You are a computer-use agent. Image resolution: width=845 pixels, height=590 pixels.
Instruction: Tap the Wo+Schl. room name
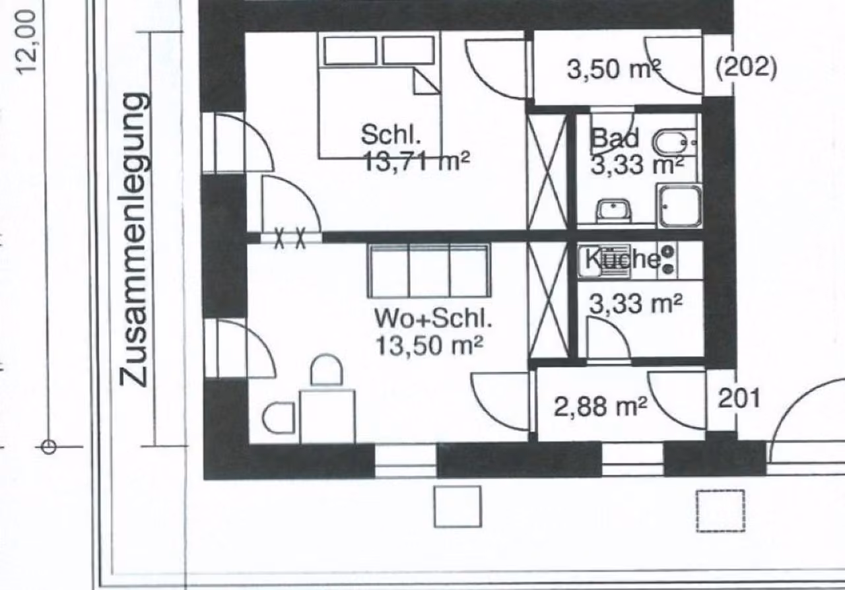[433, 319]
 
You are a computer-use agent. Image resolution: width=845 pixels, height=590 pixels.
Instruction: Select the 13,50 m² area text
[429, 346]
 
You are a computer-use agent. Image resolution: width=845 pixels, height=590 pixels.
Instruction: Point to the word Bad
[615, 138]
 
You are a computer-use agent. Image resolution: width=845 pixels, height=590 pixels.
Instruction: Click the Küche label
[623, 259]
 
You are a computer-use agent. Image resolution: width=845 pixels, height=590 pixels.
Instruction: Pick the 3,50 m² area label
[614, 69]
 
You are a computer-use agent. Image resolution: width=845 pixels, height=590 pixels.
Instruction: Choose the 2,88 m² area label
[601, 407]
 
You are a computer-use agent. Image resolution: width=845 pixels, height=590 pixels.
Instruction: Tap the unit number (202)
[746, 68]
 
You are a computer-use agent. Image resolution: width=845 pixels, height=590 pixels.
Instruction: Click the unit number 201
[739, 399]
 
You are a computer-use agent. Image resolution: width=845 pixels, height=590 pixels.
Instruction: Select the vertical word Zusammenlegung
[135, 240]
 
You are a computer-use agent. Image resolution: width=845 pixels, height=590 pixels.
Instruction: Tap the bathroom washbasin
[613, 210]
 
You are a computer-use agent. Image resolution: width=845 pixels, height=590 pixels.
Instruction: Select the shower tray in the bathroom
[680, 206]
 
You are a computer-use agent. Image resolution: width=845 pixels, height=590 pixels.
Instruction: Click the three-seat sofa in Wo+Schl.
[429, 271]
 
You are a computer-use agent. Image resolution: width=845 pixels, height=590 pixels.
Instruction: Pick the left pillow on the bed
[350, 50]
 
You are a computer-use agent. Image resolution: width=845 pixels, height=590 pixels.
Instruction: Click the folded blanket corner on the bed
[427, 81]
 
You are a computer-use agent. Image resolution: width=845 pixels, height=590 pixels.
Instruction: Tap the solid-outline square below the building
[457, 507]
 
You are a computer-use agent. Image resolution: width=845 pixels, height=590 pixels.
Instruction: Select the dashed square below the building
[720, 511]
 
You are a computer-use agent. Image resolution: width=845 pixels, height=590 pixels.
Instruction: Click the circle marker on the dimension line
[48, 447]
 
